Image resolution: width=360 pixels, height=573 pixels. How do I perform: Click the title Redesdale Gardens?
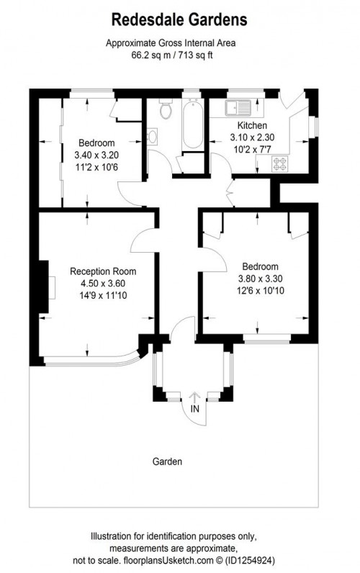tap(180, 17)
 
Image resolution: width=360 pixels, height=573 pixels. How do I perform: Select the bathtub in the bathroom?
tap(191, 125)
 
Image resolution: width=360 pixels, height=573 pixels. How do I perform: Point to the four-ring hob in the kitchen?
tap(279, 164)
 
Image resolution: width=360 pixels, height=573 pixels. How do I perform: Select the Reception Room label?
tap(103, 271)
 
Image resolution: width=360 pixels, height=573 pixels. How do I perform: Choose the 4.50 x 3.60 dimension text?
tap(103, 283)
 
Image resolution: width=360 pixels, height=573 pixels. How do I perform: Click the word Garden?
tap(167, 461)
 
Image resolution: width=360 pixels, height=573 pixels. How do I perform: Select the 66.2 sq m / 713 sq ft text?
tap(180, 53)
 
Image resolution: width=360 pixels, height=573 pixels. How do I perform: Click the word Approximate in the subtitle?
tap(133, 42)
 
